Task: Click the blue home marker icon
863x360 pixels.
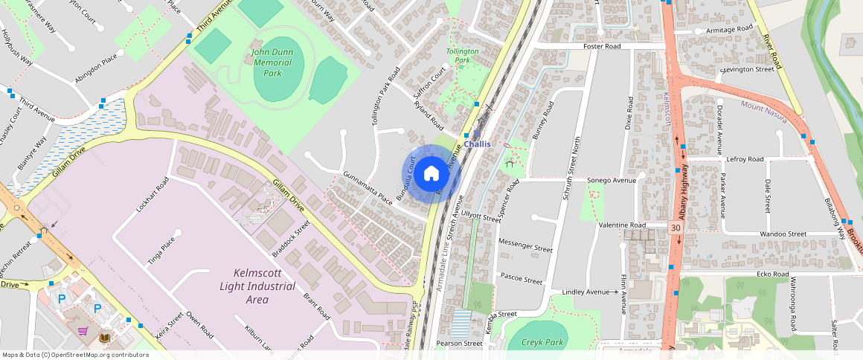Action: point(431,174)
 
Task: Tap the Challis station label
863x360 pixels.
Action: point(477,144)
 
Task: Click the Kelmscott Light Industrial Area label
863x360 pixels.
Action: point(257,286)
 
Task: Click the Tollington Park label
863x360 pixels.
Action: point(462,56)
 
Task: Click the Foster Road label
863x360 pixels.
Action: point(602,46)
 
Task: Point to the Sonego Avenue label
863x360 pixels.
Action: point(612,180)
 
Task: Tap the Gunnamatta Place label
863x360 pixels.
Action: point(367,188)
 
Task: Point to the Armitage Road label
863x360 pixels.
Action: point(730,30)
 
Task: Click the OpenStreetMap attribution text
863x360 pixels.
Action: point(75,355)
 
